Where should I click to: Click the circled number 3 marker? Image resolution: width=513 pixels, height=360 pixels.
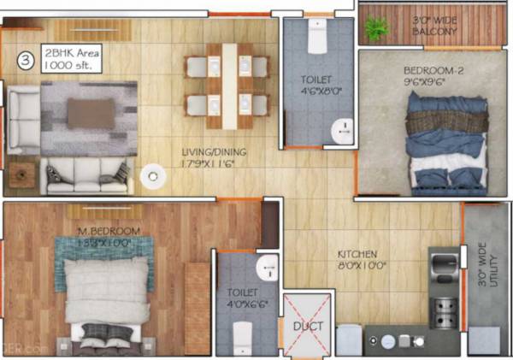(27, 61)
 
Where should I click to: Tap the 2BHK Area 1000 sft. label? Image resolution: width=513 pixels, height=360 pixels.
(72, 59)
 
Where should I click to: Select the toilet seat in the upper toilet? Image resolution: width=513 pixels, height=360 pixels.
(316, 38)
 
